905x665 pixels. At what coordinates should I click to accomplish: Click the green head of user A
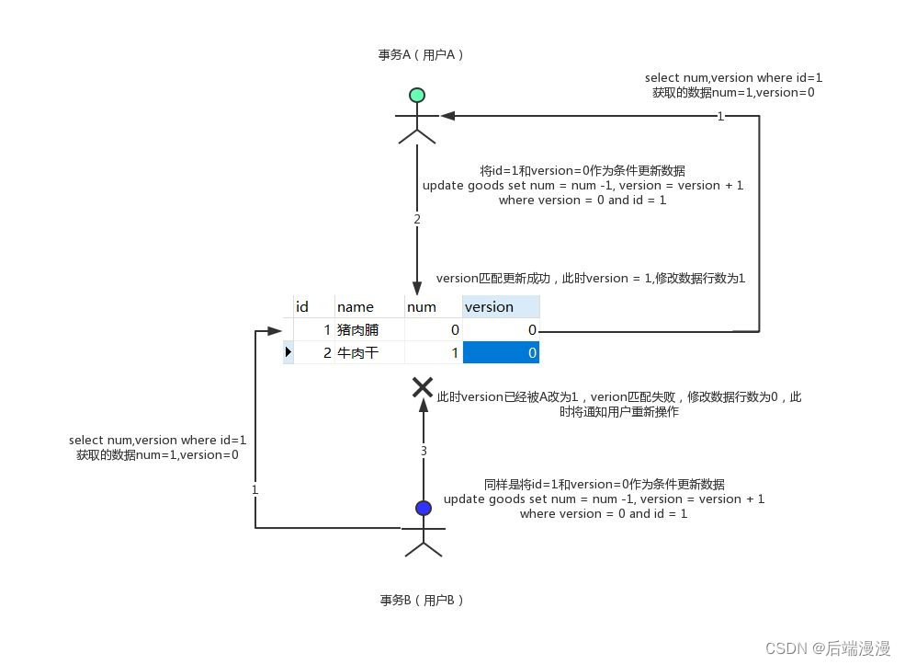pos(416,95)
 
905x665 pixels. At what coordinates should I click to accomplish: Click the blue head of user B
pos(423,508)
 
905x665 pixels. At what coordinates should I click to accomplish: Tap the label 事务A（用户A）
pos(421,54)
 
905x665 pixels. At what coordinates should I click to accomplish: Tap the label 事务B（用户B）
pos(422,601)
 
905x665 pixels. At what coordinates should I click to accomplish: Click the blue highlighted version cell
pos(501,352)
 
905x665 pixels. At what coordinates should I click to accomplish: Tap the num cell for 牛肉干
pos(433,352)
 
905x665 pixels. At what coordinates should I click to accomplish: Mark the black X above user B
pos(423,386)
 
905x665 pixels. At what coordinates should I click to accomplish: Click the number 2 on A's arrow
pos(417,220)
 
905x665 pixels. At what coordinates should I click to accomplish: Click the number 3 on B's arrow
pos(424,451)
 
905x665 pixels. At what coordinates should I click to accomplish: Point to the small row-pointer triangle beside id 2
pos(288,351)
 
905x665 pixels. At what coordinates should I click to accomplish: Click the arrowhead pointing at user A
pos(447,116)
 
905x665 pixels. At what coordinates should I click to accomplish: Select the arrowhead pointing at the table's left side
pos(276,329)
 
